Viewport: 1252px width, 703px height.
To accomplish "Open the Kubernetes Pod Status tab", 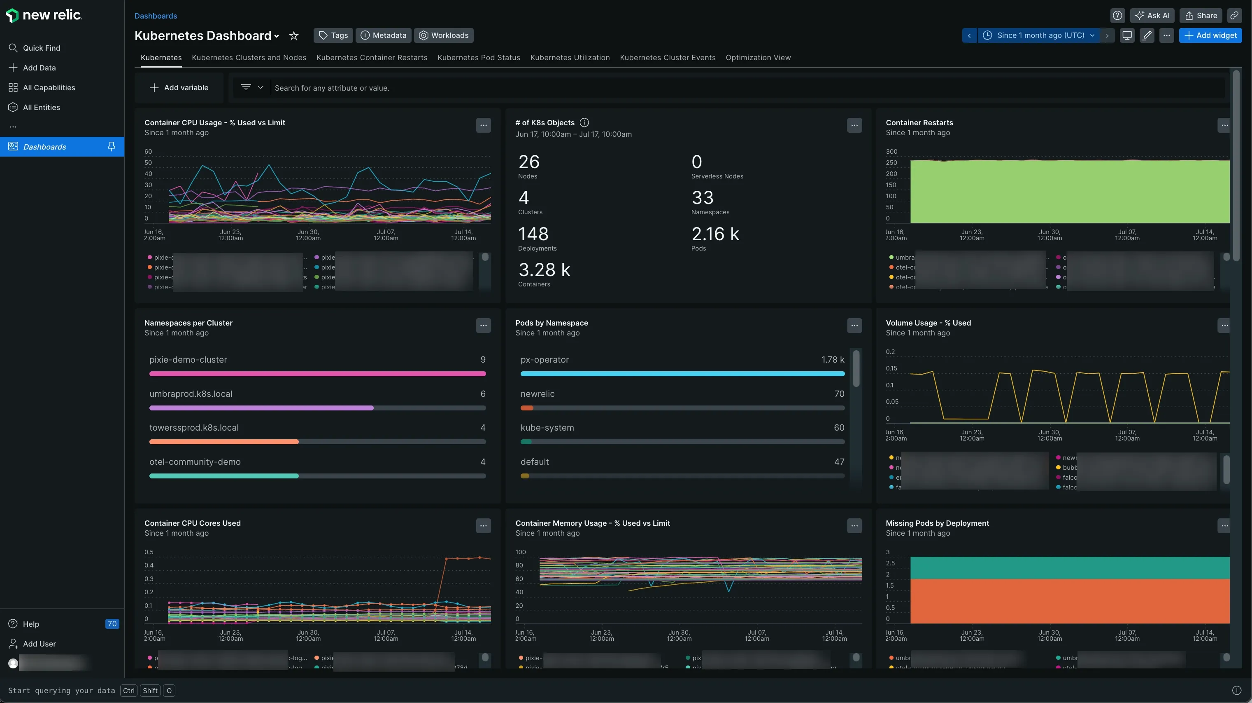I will click(478, 57).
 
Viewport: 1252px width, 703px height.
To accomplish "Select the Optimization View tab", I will click(758, 57).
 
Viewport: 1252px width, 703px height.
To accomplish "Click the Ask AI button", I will click(1152, 16).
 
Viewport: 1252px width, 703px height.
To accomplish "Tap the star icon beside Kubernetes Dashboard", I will click(293, 35).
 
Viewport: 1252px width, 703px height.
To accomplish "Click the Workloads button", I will click(443, 35).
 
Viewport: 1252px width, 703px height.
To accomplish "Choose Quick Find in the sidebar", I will click(41, 48).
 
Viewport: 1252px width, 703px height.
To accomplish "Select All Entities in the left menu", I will click(41, 107).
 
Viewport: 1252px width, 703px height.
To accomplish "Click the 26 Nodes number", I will click(529, 162).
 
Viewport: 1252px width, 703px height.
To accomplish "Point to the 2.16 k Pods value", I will click(715, 234).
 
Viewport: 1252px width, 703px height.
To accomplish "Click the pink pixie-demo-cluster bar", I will click(317, 374).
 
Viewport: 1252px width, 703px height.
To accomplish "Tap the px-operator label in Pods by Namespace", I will click(545, 359).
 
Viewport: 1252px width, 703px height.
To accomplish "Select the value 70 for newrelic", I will click(839, 394).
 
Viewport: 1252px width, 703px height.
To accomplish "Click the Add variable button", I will click(179, 88).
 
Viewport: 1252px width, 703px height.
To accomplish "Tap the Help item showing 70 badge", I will click(31, 624).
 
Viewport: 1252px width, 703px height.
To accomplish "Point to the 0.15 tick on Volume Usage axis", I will click(891, 368).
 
